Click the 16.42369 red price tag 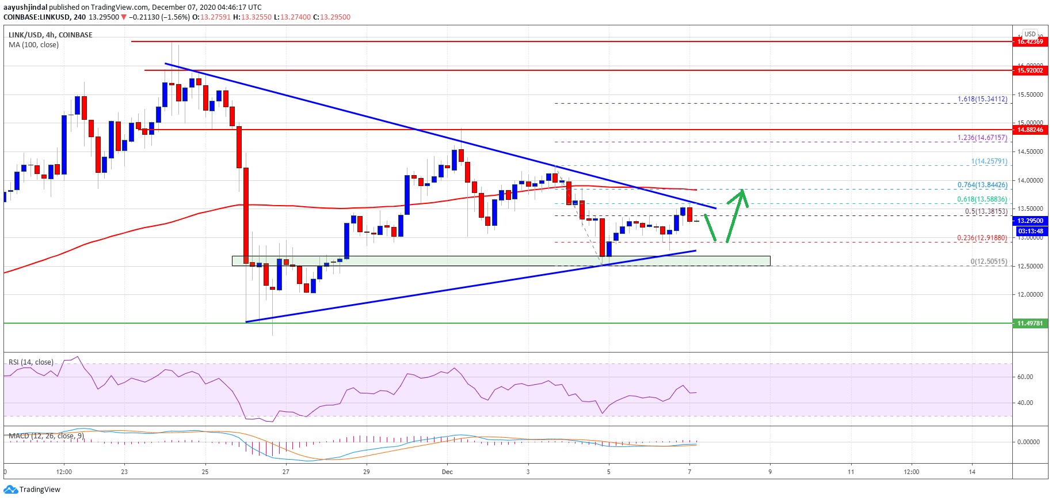[x=1030, y=41]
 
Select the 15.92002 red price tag [x=1030, y=70]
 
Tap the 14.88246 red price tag [x=1030, y=130]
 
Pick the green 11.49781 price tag [x=1030, y=323]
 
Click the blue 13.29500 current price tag [x=1030, y=221]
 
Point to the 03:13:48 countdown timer [x=1030, y=231]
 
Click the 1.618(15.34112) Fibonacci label [x=982, y=99]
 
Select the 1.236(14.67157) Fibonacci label [x=982, y=138]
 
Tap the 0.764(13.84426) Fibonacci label [x=982, y=185]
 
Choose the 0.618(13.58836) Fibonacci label [x=982, y=199]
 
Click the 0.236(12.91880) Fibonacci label [x=982, y=238]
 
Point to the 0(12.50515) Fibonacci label [x=989, y=262]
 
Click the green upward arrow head [x=743, y=192]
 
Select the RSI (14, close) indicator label [x=31, y=362]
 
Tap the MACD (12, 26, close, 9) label [x=46, y=436]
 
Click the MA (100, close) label [x=33, y=45]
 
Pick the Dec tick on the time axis [x=447, y=472]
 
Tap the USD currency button [x=1030, y=34]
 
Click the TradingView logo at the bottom [x=32, y=490]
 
